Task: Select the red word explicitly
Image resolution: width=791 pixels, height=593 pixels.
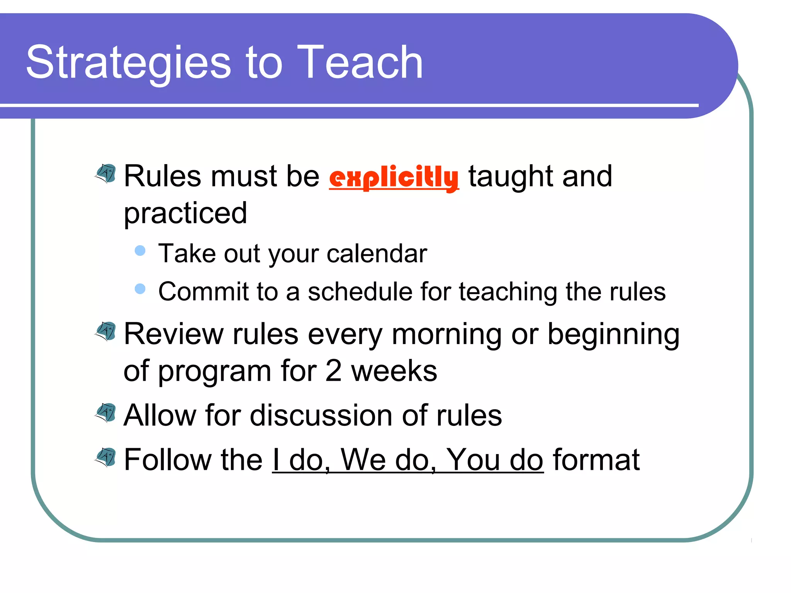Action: (394, 177)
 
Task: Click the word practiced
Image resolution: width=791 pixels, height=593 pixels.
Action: (185, 213)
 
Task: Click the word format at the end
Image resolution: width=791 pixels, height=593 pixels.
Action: (596, 460)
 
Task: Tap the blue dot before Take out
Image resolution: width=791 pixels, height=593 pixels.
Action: (140, 251)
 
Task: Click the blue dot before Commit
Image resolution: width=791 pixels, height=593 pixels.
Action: (140, 289)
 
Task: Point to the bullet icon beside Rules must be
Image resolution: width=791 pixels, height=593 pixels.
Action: (106, 173)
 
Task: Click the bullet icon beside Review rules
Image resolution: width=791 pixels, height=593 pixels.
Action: (106, 331)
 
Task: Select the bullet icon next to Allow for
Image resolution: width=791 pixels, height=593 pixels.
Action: (106, 413)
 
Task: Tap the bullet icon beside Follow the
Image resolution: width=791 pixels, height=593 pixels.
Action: (106, 457)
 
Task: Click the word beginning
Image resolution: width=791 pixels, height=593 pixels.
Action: (613, 334)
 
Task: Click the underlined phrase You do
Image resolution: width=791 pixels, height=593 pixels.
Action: (494, 460)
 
